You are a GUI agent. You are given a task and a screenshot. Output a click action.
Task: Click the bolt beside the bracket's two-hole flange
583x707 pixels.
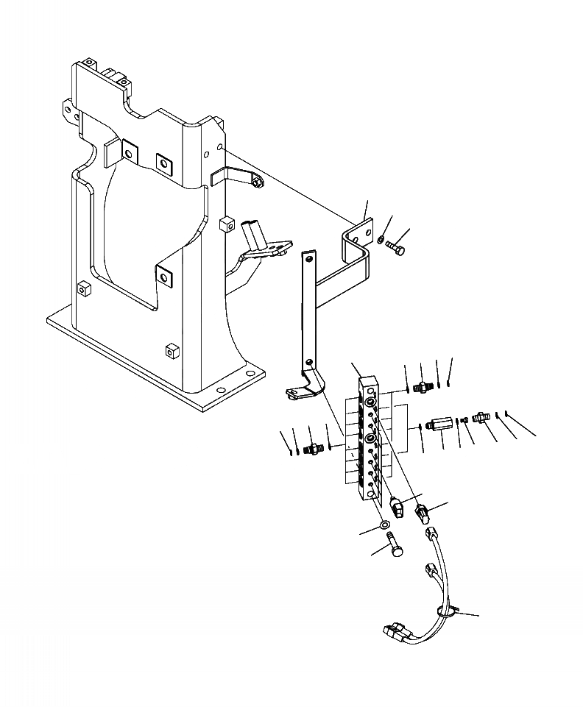click(x=395, y=250)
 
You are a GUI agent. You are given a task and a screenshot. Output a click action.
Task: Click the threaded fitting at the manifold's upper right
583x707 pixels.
click(x=423, y=386)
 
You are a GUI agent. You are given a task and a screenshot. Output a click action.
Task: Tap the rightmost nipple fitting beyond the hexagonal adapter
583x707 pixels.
click(x=481, y=417)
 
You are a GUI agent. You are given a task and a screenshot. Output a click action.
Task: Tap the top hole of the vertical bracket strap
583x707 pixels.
click(x=308, y=258)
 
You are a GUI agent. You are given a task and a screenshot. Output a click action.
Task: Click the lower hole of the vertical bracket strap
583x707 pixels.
click(x=308, y=362)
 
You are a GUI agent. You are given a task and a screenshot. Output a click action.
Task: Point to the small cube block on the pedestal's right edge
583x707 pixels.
click(x=227, y=223)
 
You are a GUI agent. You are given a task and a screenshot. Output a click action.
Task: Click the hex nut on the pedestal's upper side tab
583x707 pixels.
click(x=254, y=180)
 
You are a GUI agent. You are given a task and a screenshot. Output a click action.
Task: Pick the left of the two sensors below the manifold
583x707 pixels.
click(x=397, y=508)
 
